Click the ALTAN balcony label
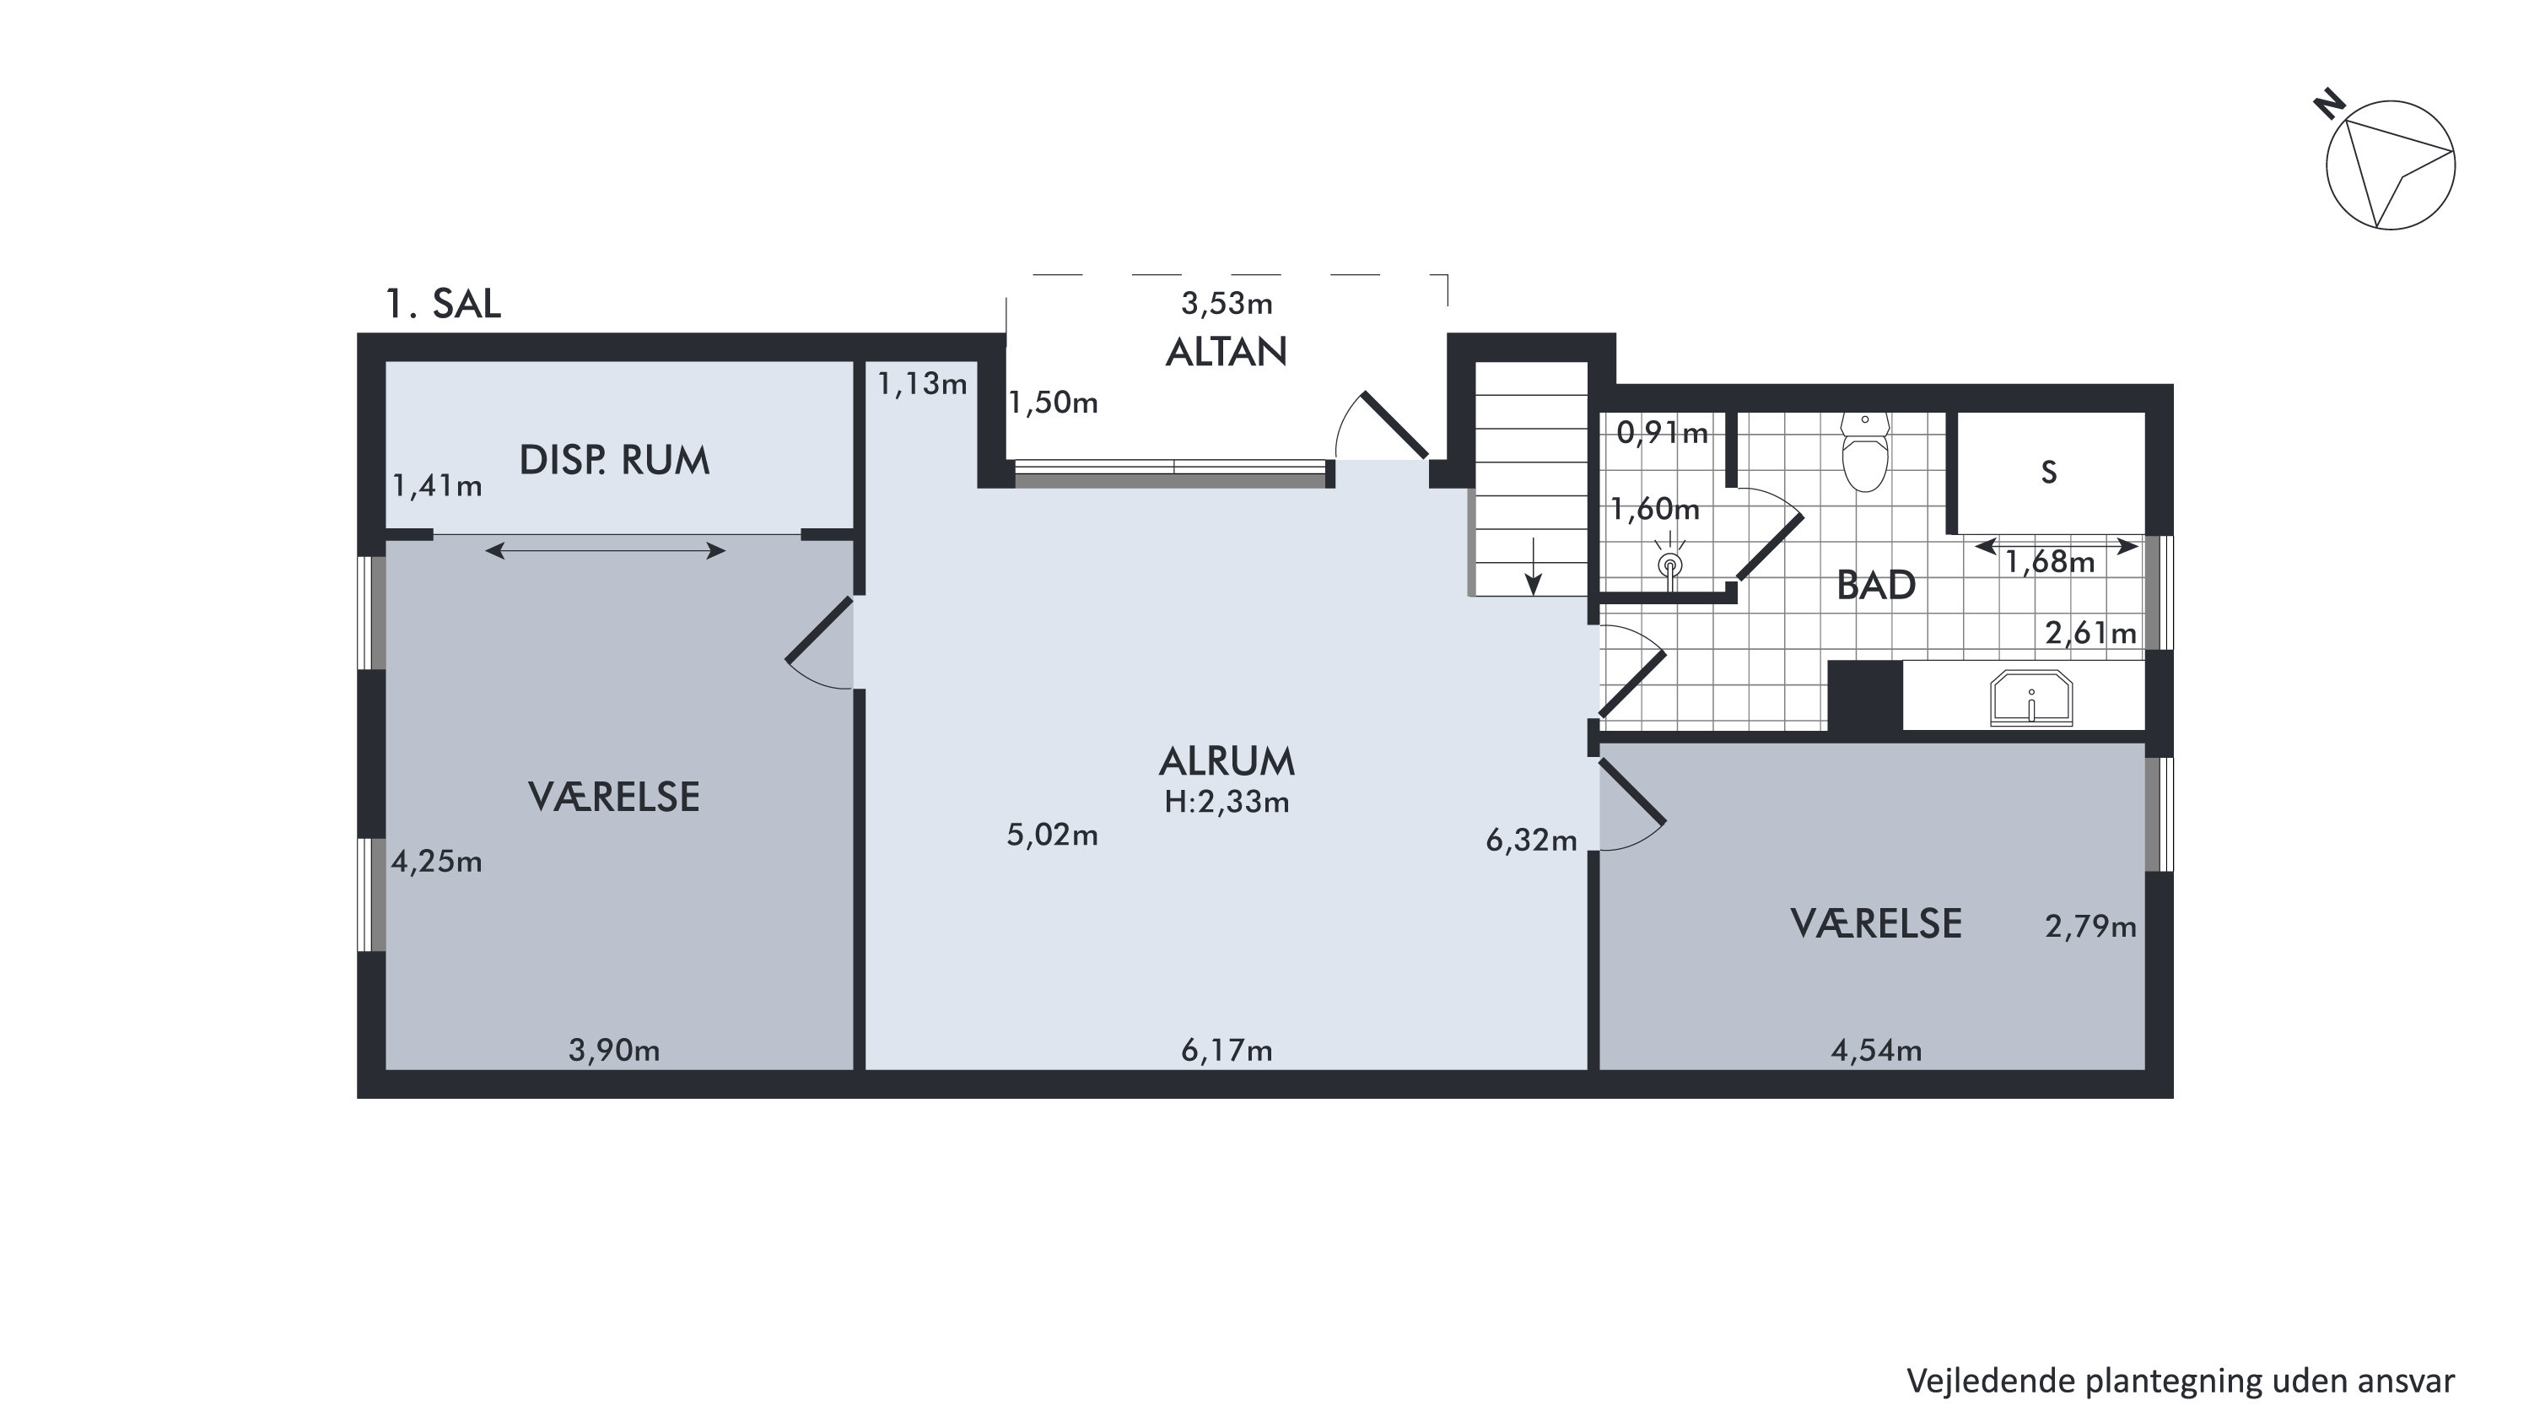1227,352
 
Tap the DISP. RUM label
613,461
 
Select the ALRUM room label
1227,761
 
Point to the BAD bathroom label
1876,586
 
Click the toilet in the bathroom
1864,451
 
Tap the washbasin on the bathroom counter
2031,698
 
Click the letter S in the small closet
2049,473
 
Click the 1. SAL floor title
443,304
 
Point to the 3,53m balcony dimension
1227,304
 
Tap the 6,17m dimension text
1227,1051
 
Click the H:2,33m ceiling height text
1227,803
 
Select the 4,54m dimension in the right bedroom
1876,1051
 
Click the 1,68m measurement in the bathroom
2049,562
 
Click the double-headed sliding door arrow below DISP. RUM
606,551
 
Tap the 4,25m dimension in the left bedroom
437,862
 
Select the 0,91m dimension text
1662,433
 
